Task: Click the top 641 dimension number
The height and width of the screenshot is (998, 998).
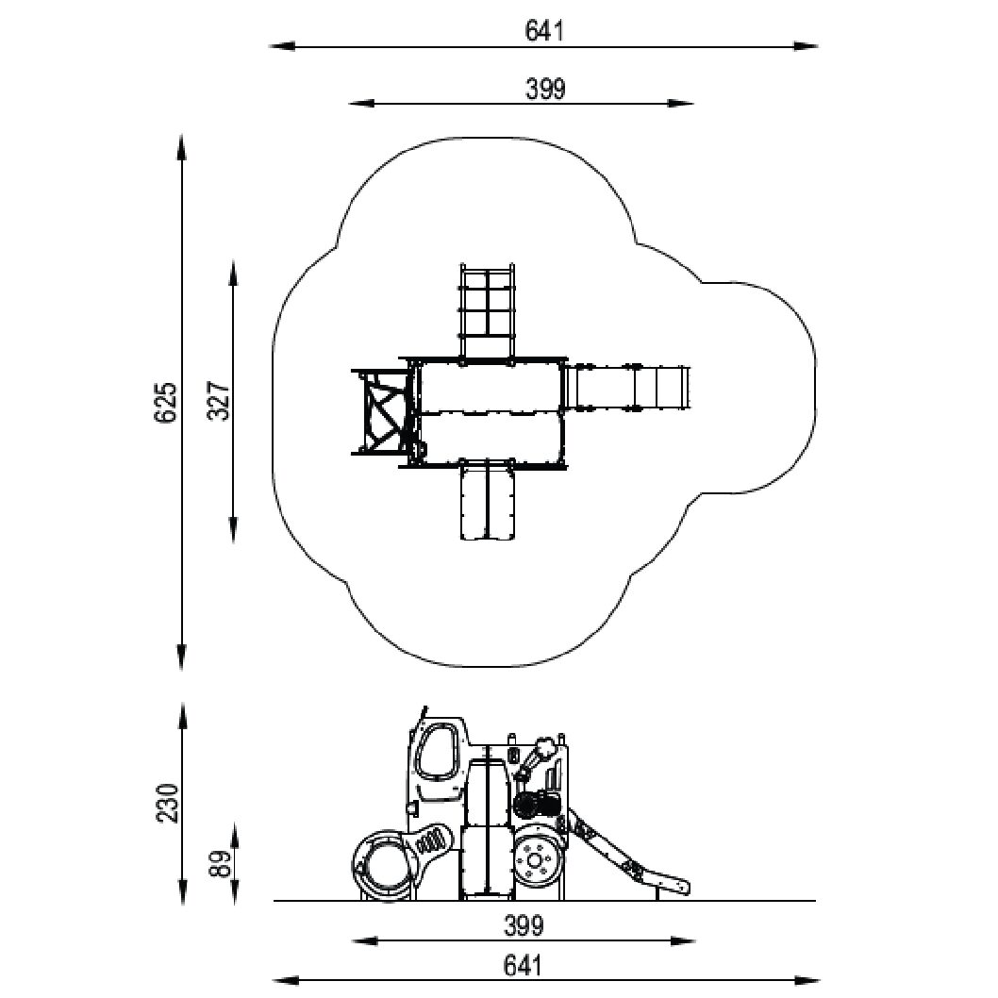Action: pyautogui.click(x=544, y=30)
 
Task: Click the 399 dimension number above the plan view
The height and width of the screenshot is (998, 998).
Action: pyautogui.click(x=545, y=89)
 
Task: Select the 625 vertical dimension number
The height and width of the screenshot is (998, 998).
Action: pyautogui.click(x=165, y=402)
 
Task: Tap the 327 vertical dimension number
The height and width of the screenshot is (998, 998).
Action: pyautogui.click(x=220, y=401)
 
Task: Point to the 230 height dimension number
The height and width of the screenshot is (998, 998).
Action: pyautogui.click(x=168, y=804)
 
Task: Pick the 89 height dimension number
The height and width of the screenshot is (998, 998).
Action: pyautogui.click(x=220, y=864)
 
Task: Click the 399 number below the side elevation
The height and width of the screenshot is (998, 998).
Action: pyautogui.click(x=524, y=926)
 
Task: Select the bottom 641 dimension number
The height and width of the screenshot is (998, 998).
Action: pyautogui.click(x=524, y=966)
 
